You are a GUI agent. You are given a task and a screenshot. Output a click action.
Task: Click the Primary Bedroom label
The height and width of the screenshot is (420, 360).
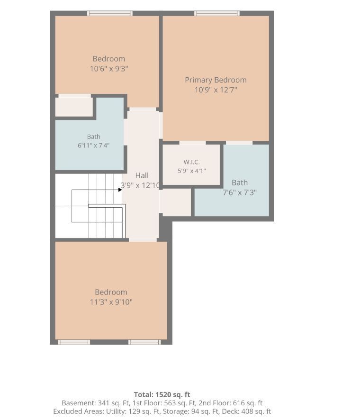(x=216, y=80)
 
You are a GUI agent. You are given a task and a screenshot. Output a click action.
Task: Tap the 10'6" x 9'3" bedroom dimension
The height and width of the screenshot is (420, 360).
(x=109, y=69)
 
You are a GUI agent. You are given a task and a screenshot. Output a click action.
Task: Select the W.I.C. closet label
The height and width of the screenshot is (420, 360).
(x=192, y=162)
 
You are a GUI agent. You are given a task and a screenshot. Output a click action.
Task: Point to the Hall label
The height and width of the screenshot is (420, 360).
(x=142, y=175)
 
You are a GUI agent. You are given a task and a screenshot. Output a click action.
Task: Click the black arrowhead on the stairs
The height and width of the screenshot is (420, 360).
(x=120, y=190)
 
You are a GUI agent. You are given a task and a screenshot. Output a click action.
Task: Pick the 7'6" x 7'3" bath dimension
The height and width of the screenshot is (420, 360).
(x=240, y=192)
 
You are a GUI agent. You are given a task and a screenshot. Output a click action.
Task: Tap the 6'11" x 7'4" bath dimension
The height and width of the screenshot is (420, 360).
(x=94, y=146)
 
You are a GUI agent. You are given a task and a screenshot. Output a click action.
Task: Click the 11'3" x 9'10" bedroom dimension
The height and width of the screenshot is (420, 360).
(x=111, y=302)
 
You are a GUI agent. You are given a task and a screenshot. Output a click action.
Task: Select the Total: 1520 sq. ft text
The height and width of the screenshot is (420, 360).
(x=162, y=394)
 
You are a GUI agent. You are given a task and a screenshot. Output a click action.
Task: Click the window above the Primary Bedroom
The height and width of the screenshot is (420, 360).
(x=217, y=13)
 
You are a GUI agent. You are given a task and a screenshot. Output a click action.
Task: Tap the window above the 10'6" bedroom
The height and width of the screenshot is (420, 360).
(x=110, y=13)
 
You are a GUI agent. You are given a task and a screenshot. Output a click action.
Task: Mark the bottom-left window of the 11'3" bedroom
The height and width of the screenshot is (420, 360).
(x=74, y=342)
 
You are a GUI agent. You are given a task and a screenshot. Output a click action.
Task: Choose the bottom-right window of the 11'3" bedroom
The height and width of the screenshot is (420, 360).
(x=144, y=342)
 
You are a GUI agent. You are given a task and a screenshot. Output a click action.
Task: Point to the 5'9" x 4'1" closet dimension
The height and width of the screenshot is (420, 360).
(x=192, y=171)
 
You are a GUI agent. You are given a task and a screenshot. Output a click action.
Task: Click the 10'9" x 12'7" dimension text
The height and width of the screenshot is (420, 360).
(x=216, y=90)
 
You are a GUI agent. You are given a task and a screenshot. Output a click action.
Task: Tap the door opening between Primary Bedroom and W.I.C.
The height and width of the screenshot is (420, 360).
(x=192, y=143)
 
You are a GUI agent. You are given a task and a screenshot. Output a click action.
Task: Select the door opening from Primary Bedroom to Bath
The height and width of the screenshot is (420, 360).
(x=239, y=143)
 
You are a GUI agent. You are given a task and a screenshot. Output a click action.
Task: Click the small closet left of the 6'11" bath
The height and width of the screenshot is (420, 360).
(x=74, y=107)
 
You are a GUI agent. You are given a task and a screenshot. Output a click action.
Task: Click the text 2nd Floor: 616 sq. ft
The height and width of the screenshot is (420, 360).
(x=231, y=403)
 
